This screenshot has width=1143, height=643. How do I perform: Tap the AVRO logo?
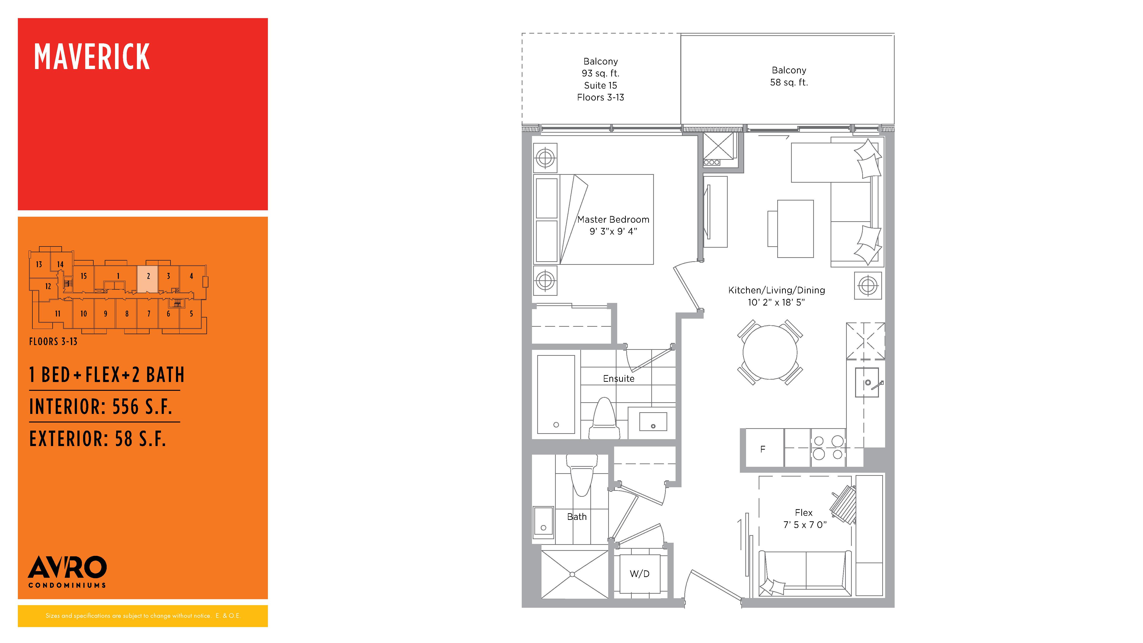(67, 572)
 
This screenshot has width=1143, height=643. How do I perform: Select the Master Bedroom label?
(613, 225)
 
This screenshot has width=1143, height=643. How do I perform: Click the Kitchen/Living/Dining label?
(777, 296)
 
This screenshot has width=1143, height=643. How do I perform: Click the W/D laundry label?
(639, 574)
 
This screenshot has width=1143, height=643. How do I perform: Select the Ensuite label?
(619, 378)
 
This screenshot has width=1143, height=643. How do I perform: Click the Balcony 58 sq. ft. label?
(789, 76)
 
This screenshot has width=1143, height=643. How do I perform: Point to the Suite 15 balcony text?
(600, 85)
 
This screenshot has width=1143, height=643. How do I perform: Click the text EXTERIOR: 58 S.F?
(98, 439)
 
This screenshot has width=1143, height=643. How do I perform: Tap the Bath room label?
(577, 517)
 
